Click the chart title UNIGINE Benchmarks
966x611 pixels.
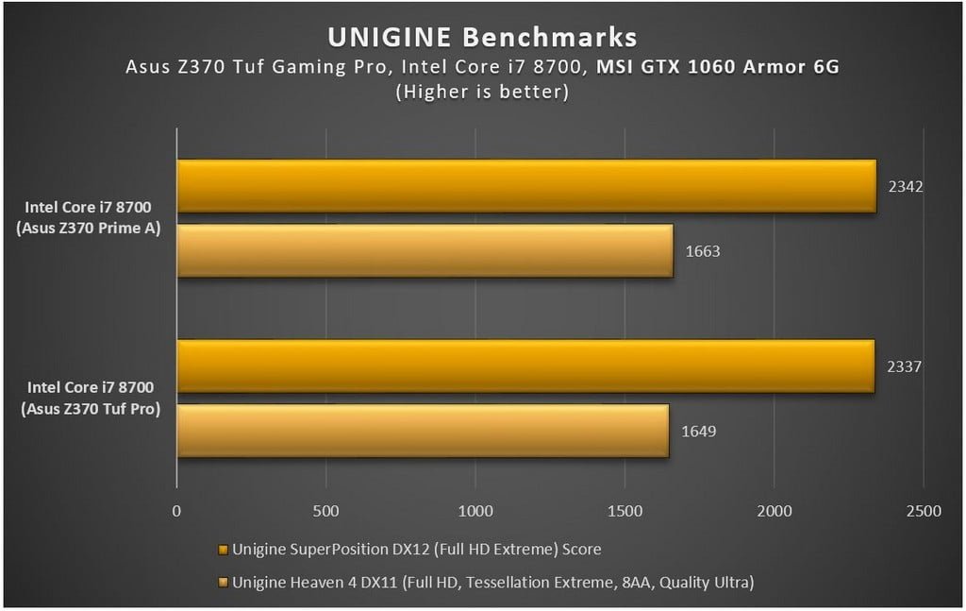pos(482,37)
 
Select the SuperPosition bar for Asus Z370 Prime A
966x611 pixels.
pos(526,186)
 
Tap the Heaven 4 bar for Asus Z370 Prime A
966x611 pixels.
pos(425,251)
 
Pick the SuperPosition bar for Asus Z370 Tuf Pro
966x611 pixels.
pos(525,366)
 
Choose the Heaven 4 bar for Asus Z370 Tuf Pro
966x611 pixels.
pos(423,431)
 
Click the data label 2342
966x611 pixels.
pos(905,186)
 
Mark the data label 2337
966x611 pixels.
pos(903,366)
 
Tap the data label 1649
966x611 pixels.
pos(698,432)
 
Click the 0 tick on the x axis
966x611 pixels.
pos(176,511)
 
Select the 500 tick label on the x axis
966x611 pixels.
pos(325,511)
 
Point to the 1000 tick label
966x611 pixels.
pos(475,511)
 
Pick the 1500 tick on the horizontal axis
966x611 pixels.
pos(625,511)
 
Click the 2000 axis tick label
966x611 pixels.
pos(774,511)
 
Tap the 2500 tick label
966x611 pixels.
pos(923,511)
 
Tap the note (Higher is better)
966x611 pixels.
pos(482,92)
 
